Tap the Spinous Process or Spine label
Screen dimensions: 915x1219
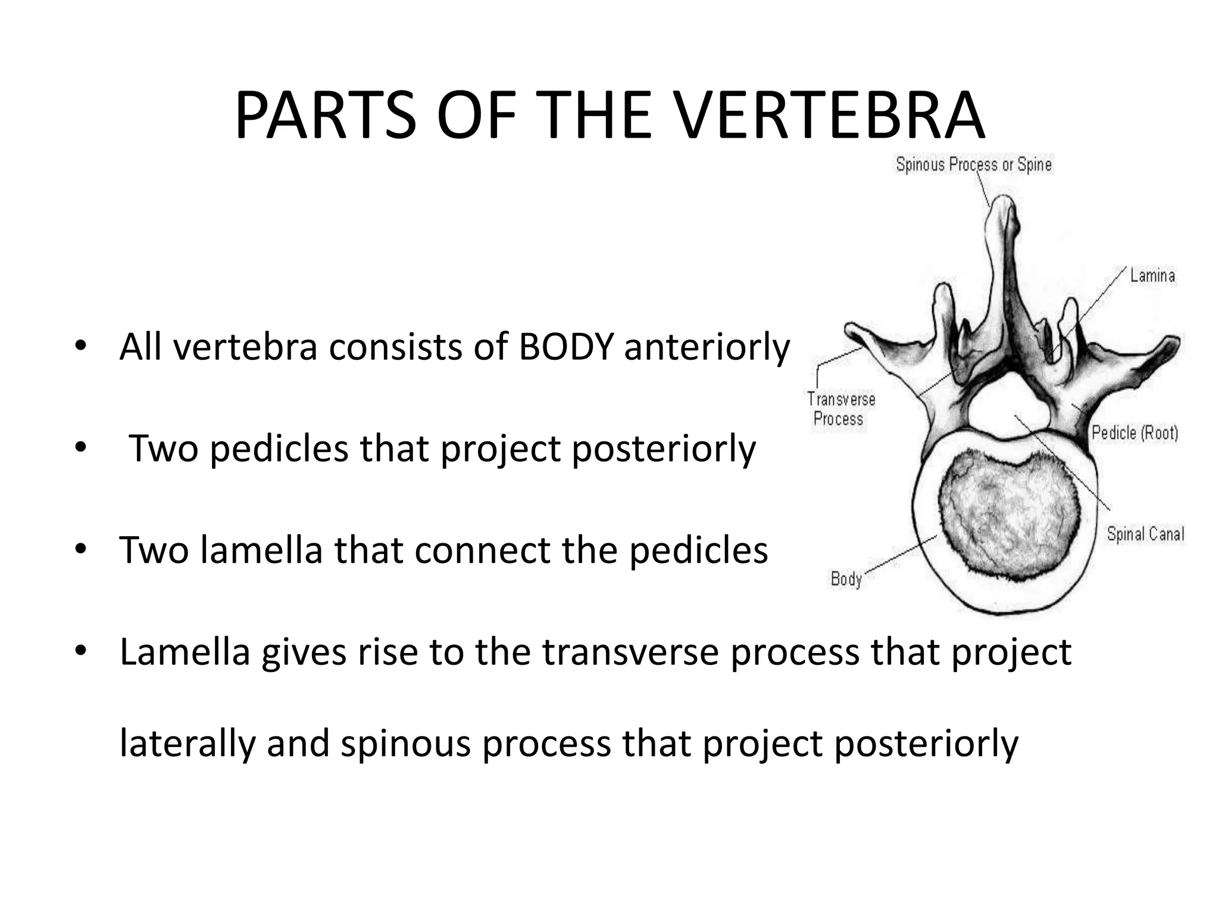click(x=974, y=164)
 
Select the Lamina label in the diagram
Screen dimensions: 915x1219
click(x=1152, y=276)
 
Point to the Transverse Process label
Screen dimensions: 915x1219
click(x=840, y=409)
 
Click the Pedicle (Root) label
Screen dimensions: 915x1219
click(x=1134, y=432)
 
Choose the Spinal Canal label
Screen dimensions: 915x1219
click(x=1145, y=534)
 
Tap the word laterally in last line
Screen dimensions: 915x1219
click(x=187, y=743)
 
